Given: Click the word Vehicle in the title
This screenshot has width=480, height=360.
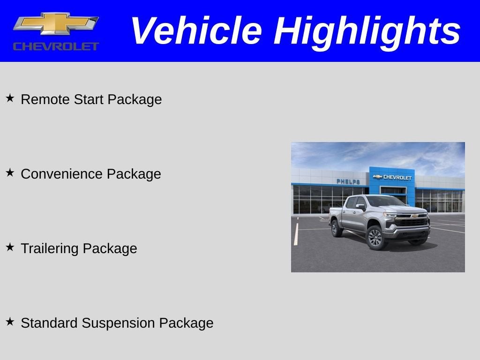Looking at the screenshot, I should (195, 31).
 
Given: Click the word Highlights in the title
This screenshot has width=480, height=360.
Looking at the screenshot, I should (367, 31).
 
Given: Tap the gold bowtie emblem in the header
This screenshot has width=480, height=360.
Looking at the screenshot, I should (56, 23).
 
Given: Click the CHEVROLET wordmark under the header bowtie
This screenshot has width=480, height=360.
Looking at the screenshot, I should (56, 46).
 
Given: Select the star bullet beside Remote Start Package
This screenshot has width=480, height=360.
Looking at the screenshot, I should (10, 98).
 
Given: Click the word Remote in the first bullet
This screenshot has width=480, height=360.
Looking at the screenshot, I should (45, 99).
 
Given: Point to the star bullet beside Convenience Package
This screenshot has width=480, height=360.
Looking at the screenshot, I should (10, 172).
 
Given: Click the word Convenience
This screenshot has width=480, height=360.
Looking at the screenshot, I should (62, 174).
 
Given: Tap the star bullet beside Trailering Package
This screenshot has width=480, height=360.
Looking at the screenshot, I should (10, 247).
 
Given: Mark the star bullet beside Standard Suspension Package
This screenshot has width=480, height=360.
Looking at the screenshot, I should (10, 322).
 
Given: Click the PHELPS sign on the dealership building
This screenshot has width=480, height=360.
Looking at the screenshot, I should (348, 181).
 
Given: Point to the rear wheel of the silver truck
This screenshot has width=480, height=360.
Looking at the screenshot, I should (337, 228).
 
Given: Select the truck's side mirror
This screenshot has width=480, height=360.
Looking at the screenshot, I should (360, 206).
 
